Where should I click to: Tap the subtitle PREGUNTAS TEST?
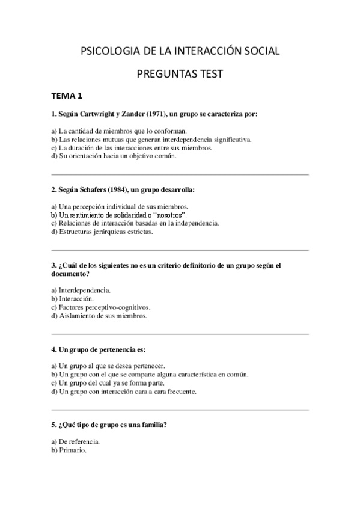coord(180,74)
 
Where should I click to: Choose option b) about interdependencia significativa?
coord(151,139)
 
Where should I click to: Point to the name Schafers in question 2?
coord(91,190)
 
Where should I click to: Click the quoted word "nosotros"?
coord(171,215)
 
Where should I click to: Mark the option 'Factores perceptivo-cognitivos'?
coord(100,307)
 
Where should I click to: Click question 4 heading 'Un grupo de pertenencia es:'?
coord(99,349)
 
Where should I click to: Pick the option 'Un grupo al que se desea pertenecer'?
coord(108,365)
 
